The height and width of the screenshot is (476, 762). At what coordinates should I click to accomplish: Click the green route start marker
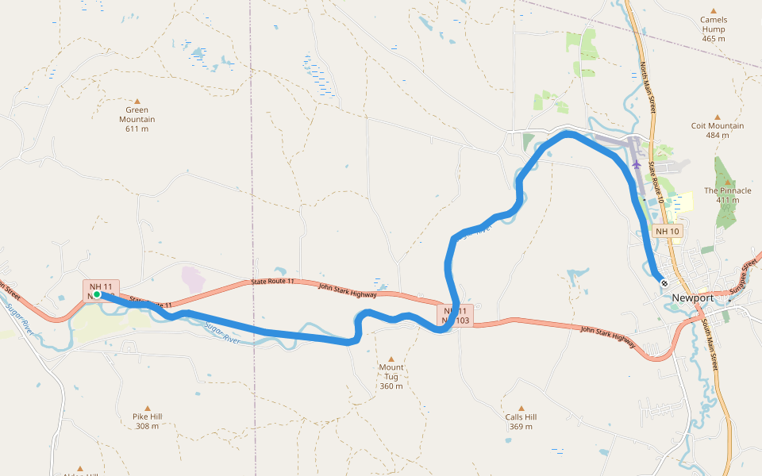96,294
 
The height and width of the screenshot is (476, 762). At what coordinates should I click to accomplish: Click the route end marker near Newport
664,283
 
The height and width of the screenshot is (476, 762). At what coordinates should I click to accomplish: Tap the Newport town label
693,297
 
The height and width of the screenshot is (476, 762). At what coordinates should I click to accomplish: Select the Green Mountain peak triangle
137,101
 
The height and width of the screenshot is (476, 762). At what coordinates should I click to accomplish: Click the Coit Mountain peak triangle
718,117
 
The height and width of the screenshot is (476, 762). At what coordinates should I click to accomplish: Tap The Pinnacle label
727,190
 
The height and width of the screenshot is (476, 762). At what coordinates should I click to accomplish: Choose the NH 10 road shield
668,231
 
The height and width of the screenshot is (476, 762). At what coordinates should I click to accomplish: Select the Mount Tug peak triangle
391,359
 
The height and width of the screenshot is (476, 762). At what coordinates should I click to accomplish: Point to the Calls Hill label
521,417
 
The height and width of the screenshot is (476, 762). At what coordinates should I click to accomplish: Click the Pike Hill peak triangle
147,407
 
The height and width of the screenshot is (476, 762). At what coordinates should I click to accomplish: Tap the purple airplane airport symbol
637,164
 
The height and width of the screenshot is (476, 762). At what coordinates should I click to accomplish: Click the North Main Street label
646,88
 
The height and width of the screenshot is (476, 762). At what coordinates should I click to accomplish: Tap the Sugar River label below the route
221,332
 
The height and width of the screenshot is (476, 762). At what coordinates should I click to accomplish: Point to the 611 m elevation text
137,129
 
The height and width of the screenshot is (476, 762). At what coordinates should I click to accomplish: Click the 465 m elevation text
713,38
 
